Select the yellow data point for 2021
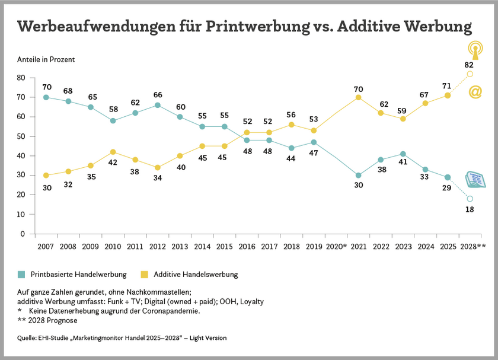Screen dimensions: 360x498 (x=359, y=97)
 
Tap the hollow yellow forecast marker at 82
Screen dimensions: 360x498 (x=470, y=74)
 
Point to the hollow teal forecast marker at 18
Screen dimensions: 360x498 (x=470, y=199)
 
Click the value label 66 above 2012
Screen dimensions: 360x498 (x=157, y=95)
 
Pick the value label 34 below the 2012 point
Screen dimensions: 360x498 (x=157, y=177)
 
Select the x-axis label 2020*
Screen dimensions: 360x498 (x=336, y=246)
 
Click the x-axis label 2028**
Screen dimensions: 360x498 (x=473, y=246)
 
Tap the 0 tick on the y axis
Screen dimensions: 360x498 (x=22, y=234)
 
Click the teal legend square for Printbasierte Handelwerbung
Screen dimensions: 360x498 (x=22, y=274)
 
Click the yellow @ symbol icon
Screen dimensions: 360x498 (x=475, y=92)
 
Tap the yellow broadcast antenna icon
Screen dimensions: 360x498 (x=474, y=48)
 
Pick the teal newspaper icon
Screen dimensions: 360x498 (x=475, y=180)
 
